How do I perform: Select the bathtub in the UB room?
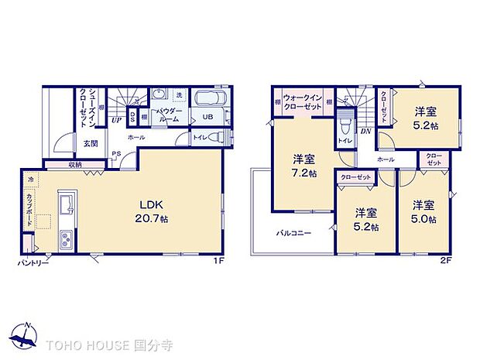pos(207,100)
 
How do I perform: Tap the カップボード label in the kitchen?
pos(29,208)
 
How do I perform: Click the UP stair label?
pos(115,120)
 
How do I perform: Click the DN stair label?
pos(365,132)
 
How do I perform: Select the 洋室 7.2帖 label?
pos(303,166)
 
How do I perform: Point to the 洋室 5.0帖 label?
pos(423,212)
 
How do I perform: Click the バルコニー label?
pos(295,232)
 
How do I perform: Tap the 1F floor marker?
pos(219,260)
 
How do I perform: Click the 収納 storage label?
pos(75,163)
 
